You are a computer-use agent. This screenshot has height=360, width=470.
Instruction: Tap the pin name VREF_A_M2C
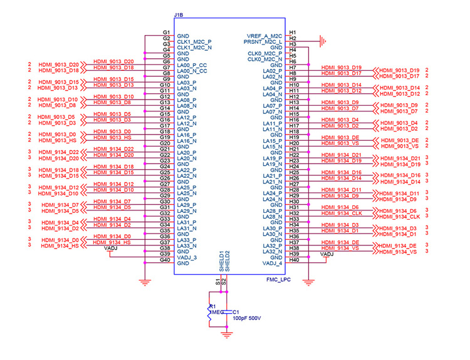[x=265, y=36]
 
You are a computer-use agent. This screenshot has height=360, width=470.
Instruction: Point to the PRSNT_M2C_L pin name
[x=264, y=42]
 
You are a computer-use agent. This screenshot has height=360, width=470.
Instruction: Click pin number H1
[x=293, y=33]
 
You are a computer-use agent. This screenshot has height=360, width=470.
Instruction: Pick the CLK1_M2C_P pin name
[x=195, y=42]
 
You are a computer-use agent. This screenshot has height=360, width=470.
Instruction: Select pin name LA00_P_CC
[x=192, y=65]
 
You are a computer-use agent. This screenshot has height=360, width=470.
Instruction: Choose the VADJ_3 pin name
[x=187, y=257]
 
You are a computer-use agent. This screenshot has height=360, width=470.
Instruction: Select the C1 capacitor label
[x=236, y=311]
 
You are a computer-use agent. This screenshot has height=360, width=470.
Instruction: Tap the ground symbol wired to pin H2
[x=323, y=42]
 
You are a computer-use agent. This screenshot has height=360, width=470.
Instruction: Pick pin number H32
[x=293, y=213]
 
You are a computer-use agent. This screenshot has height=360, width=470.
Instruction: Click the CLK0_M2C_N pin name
[x=264, y=59]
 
